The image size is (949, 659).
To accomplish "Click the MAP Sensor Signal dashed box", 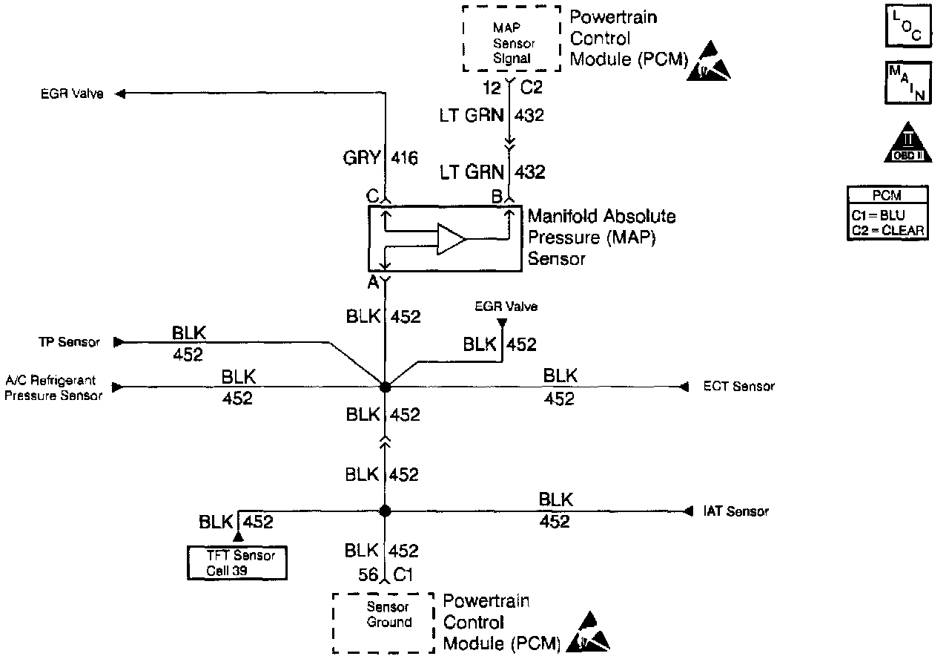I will [x=512, y=39].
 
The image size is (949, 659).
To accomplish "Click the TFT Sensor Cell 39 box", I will [x=236, y=563].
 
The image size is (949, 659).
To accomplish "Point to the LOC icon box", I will [x=907, y=27].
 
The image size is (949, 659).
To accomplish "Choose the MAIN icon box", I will [x=907, y=82].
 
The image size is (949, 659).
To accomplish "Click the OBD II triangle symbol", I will [x=907, y=142].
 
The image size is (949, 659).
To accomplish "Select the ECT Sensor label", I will [x=738, y=387].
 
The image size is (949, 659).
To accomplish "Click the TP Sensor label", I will [x=70, y=342].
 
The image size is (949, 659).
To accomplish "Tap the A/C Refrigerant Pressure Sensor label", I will [x=53, y=388].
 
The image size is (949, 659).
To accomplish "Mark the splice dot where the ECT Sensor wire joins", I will [x=385, y=387].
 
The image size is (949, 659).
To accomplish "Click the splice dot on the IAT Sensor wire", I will [x=385, y=511].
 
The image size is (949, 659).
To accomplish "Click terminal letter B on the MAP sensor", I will [x=497, y=197].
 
